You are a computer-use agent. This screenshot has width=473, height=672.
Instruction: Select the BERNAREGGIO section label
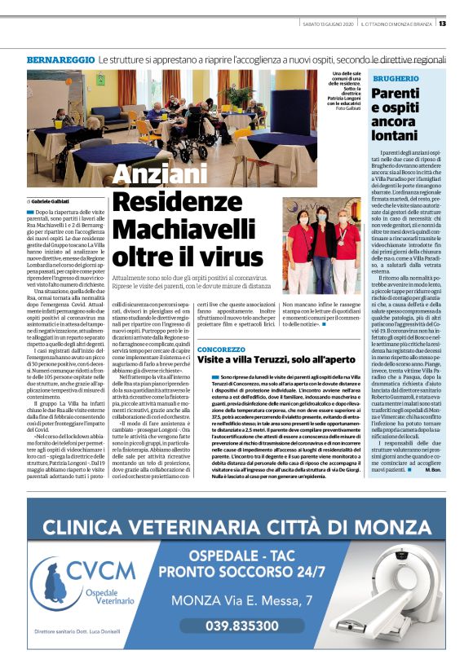pos(60,61)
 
